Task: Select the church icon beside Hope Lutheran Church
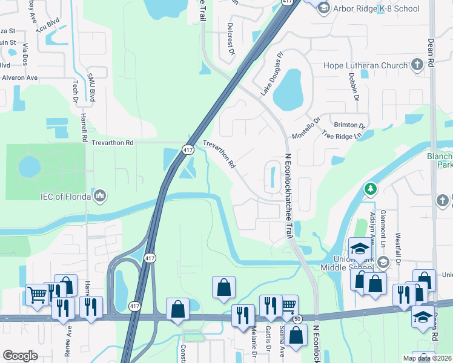(417, 65)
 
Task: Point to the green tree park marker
(369, 189)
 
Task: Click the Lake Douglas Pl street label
(272, 82)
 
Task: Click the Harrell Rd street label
(83, 127)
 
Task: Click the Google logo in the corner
(20, 356)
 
